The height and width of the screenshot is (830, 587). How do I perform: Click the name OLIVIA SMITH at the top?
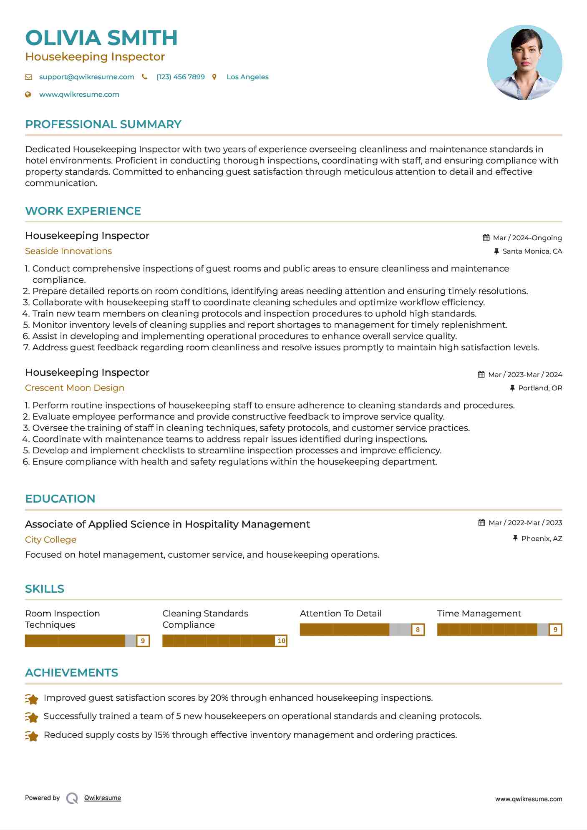click(101, 38)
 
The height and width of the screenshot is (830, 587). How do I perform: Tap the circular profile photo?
click(524, 63)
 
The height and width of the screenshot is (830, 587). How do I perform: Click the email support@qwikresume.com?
click(86, 77)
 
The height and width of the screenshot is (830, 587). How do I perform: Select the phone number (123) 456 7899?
click(180, 77)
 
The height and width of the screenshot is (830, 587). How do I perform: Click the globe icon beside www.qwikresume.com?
click(28, 94)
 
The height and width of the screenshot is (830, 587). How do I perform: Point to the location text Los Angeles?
click(247, 77)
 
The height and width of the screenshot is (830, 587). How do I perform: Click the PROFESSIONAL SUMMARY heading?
click(103, 124)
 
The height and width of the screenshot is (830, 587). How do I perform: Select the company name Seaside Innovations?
click(68, 251)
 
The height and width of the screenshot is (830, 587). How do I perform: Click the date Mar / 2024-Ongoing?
click(527, 238)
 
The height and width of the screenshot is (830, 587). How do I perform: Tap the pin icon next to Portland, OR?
click(512, 388)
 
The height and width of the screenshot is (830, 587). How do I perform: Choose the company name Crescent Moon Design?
click(75, 388)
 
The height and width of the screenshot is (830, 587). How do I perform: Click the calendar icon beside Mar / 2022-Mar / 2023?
click(481, 523)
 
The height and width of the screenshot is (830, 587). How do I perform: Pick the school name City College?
click(50, 540)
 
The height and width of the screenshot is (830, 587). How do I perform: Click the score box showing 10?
click(281, 641)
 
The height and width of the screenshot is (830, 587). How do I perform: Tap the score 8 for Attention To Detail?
click(418, 629)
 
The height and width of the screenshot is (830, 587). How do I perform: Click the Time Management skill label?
click(479, 614)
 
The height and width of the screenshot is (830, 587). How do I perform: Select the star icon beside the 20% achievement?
click(32, 699)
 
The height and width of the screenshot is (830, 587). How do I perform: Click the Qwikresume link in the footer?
click(103, 798)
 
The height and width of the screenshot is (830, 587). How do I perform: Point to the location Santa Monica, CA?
click(532, 251)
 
